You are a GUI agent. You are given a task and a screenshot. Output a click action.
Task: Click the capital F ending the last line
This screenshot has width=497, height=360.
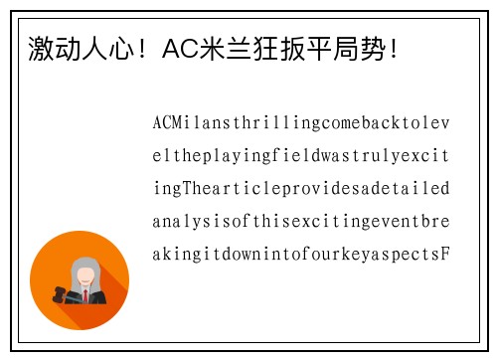click(445, 253)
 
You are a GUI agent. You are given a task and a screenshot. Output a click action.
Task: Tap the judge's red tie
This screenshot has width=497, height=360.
click(86, 294)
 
